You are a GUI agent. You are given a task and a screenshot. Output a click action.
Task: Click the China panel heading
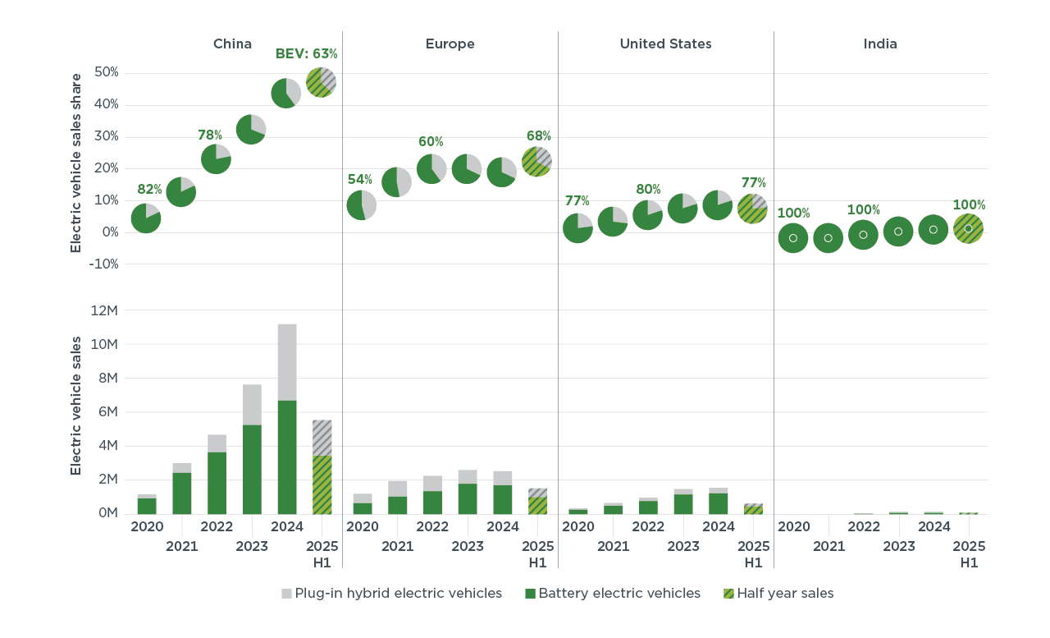[x=232, y=44]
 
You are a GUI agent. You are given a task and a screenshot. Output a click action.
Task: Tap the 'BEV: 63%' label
[x=306, y=54]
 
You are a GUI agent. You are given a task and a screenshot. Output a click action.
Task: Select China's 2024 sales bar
[x=287, y=419]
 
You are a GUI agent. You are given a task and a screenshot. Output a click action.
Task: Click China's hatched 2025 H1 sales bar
[x=322, y=466]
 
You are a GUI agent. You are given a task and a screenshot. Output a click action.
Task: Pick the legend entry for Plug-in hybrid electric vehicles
[x=391, y=593]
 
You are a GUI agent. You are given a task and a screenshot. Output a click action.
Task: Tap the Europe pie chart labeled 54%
[x=362, y=205]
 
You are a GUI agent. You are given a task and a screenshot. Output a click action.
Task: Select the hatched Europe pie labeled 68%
[x=536, y=162]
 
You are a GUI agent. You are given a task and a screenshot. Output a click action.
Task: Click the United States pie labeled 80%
[x=648, y=214]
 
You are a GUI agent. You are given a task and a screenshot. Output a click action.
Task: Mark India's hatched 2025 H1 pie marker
[x=968, y=229]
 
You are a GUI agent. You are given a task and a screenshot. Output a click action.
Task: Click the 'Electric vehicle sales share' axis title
[x=76, y=163]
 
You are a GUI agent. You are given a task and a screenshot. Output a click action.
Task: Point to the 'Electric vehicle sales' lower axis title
[x=76, y=405]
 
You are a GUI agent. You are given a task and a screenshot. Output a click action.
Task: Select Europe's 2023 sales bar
[x=468, y=492]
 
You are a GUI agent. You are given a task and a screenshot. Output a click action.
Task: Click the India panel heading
[x=880, y=44]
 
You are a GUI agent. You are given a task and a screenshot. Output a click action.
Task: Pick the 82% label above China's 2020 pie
[x=149, y=189]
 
